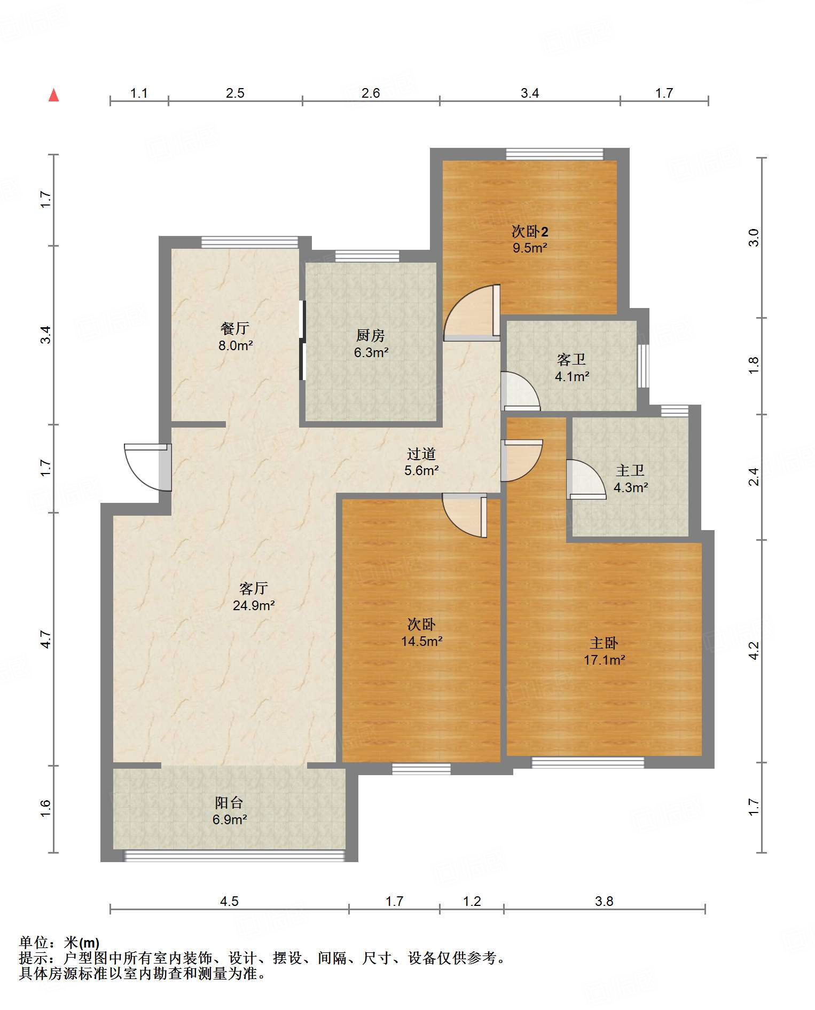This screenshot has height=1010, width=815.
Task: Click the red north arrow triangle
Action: point(53,95)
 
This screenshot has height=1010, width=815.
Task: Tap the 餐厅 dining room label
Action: point(235,328)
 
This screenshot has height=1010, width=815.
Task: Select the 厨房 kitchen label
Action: point(371,335)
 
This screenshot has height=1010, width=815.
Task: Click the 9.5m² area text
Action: point(530,248)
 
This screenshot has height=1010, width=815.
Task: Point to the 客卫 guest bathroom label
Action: point(571,360)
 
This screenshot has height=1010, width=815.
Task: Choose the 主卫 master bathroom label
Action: point(630,470)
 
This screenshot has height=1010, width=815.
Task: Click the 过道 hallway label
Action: point(421,454)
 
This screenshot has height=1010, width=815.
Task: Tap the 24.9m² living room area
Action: point(254,605)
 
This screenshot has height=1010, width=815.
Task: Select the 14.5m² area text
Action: point(422,641)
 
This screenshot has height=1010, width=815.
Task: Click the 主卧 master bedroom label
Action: point(604,643)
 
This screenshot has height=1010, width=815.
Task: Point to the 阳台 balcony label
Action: point(229,802)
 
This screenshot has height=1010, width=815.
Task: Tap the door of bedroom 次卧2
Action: point(472,313)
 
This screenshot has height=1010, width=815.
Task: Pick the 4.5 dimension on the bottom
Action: point(229,901)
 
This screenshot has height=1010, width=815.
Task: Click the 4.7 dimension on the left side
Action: point(46,639)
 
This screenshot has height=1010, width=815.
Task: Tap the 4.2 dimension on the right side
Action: point(754,650)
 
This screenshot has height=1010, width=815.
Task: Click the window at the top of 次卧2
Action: point(555,154)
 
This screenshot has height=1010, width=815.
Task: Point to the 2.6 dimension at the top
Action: point(371,93)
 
